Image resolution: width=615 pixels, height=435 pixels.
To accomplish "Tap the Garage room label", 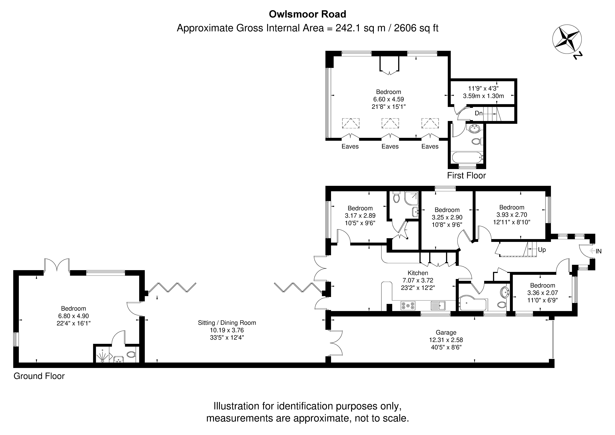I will pyautogui.click(x=446, y=333).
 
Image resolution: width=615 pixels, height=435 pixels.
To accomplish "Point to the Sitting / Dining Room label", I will pyautogui.click(x=227, y=323).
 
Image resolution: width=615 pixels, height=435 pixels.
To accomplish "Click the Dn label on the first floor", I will pyautogui.click(x=478, y=113).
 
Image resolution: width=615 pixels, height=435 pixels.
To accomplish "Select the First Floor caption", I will pyautogui.click(x=466, y=176).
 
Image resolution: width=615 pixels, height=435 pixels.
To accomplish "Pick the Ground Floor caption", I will pyautogui.click(x=39, y=376).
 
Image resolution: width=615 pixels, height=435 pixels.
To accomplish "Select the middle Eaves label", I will pyautogui.click(x=390, y=146).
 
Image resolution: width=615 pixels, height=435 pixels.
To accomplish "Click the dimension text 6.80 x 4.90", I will pyautogui.click(x=73, y=316).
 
